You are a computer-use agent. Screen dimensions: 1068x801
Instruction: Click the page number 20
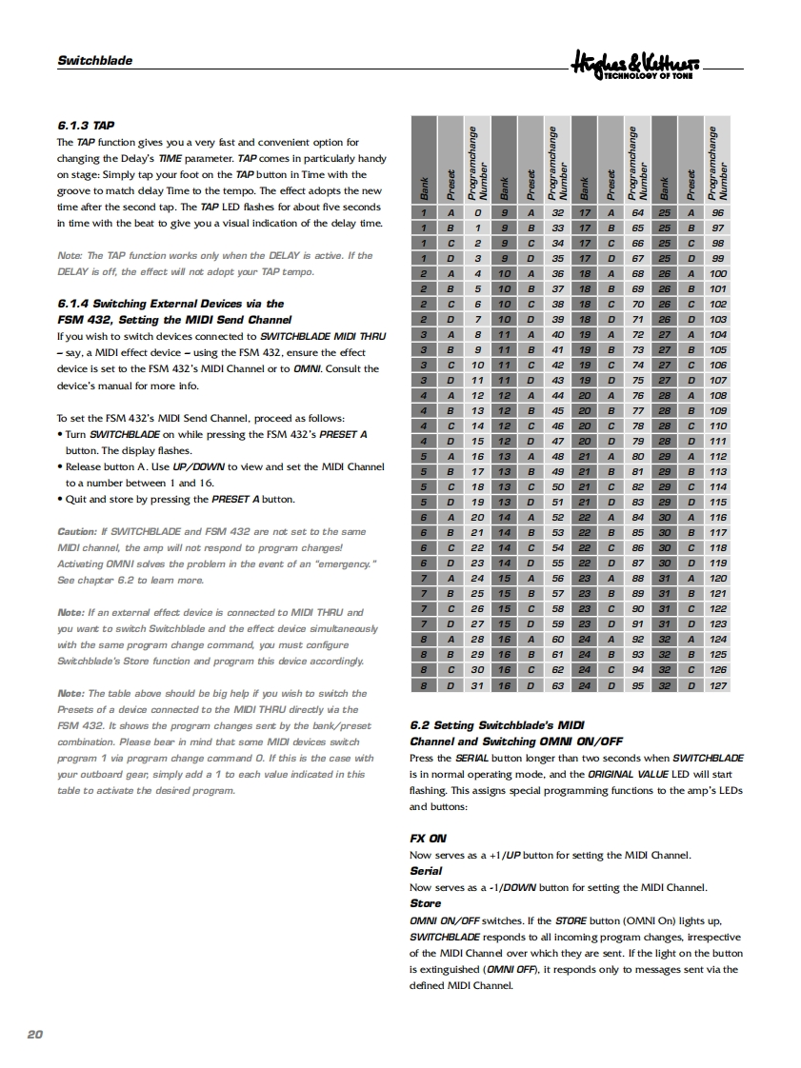pyautogui.click(x=35, y=1034)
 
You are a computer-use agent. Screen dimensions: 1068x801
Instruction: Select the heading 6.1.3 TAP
pyautogui.click(x=87, y=125)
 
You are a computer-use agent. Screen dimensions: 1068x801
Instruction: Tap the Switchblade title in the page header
pyautogui.click(x=94, y=60)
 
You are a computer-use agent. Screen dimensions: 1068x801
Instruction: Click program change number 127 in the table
pyautogui.click(x=718, y=684)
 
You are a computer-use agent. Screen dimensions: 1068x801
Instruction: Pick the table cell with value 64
pyautogui.click(x=638, y=213)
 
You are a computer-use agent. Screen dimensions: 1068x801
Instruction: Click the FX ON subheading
pyautogui.click(x=428, y=839)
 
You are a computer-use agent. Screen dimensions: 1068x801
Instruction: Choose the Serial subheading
pyautogui.click(x=426, y=871)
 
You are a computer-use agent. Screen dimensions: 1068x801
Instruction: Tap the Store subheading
pyautogui.click(x=425, y=903)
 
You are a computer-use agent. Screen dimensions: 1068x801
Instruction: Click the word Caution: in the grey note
pyautogui.click(x=77, y=531)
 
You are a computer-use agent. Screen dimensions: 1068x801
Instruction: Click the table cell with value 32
pyautogui.click(x=558, y=213)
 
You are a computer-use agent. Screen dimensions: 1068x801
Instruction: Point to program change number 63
pyautogui.click(x=558, y=684)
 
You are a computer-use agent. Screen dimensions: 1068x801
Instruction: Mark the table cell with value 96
pyautogui.click(x=718, y=213)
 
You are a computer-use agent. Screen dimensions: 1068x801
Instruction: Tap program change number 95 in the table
pyautogui.click(x=638, y=684)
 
